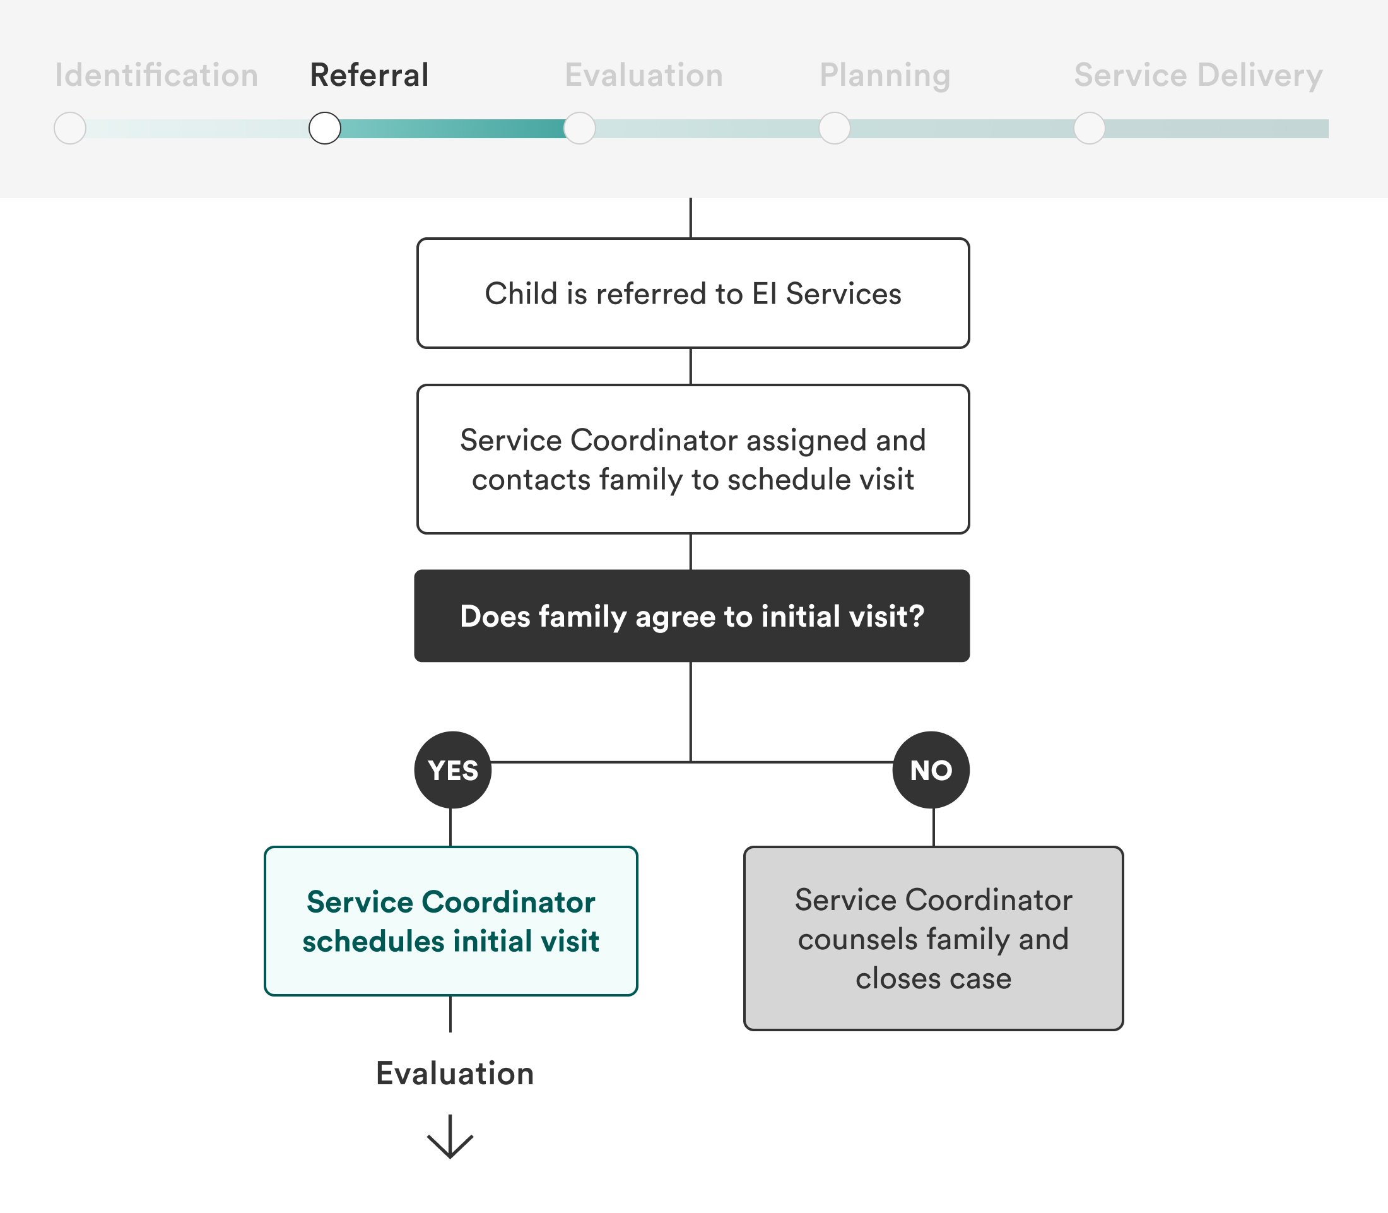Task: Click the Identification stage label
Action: (x=156, y=75)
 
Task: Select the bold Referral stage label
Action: (x=369, y=75)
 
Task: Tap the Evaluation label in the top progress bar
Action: (x=644, y=75)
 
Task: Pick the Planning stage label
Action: (x=885, y=75)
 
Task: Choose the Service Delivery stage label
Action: (x=1198, y=75)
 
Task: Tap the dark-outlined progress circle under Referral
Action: (x=325, y=128)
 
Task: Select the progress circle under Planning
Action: (x=835, y=128)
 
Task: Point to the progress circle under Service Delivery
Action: (x=1090, y=128)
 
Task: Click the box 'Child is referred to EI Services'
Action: (x=693, y=293)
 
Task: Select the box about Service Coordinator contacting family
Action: (x=693, y=459)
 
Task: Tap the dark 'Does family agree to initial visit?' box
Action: (x=691, y=616)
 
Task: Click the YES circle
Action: (x=453, y=771)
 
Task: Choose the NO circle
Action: (x=931, y=771)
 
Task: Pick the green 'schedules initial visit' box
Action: (x=450, y=921)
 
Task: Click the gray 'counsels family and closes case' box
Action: (x=933, y=938)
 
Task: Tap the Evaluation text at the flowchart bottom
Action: (x=455, y=1074)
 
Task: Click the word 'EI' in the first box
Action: (x=764, y=293)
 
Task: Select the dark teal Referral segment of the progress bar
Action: (x=452, y=129)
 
